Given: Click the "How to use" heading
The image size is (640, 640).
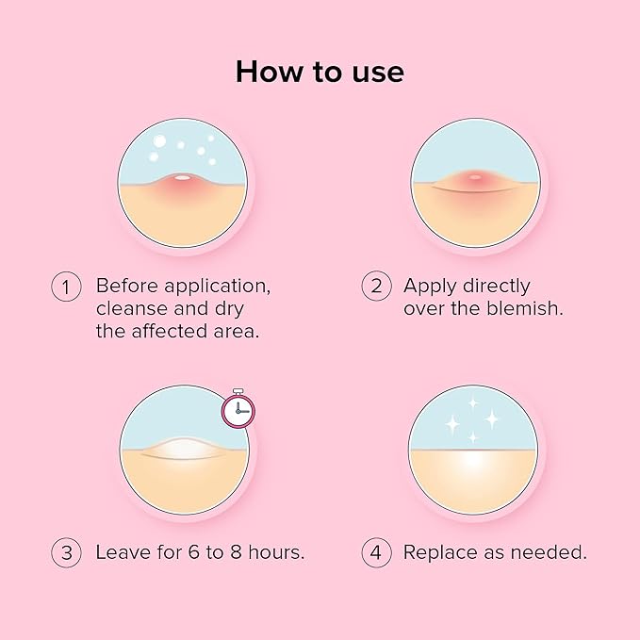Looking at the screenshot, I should pyautogui.click(x=320, y=71).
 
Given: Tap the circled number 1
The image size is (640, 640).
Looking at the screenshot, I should pyautogui.click(x=66, y=287).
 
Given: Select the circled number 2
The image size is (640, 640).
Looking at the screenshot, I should pyautogui.click(x=376, y=287).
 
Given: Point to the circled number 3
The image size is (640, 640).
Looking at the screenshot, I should pyautogui.click(x=66, y=552).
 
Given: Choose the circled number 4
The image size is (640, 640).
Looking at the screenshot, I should pyautogui.click(x=376, y=552).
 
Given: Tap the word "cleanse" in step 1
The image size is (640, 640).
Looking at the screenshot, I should pyautogui.click(x=130, y=308).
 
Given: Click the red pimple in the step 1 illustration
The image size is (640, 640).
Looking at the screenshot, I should pyautogui.click(x=182, y=183).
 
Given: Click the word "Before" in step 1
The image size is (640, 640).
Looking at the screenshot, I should pyautogui.click(x=127, y=286).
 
